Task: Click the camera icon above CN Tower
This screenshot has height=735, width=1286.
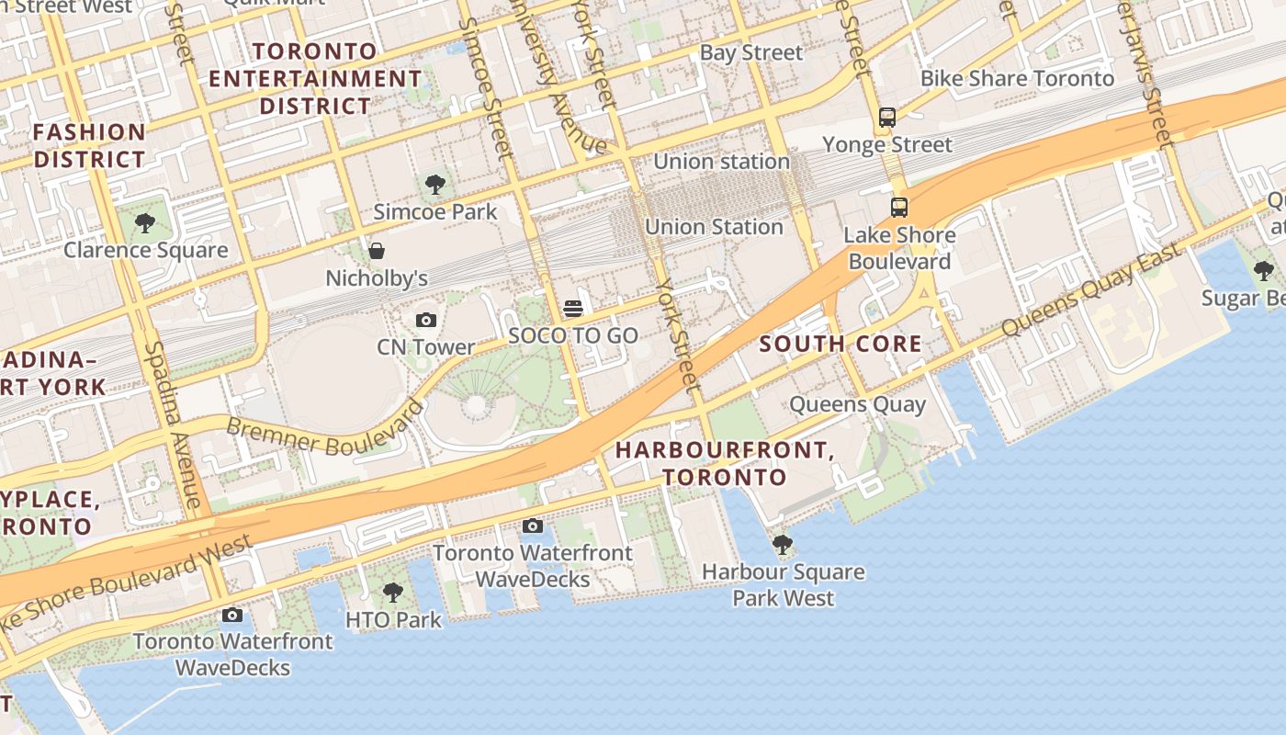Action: (x=425, y=320)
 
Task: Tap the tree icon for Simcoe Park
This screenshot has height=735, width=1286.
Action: (x=435, y=185)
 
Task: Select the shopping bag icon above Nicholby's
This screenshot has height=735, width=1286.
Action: (x=376, y=251)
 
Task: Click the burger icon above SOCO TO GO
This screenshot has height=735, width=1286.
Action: (x=573, y=308)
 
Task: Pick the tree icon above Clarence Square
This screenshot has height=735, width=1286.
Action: (x=144, y=222)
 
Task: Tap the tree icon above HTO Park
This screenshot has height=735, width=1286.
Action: (x=393, y=593)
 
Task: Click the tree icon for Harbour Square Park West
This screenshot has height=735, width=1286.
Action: (x=783, y=545)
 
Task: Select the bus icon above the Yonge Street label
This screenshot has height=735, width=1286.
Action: (x=886, y=118)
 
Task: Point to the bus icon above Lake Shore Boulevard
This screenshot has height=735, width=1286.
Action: (x=899, y=208)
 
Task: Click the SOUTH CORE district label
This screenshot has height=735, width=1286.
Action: (x=840, y=345)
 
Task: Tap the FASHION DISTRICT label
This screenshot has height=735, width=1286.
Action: (x=89, y=145)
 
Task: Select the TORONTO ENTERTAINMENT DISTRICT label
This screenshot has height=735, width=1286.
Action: (x=315, y=78)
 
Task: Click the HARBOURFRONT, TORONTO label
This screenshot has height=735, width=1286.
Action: (x=725, y=463)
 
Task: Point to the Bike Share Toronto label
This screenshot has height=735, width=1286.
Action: (x=1017, y=78)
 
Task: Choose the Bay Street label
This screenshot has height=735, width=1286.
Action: (x=751, y=52)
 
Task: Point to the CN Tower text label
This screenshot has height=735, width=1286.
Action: (x=426, y=347)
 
